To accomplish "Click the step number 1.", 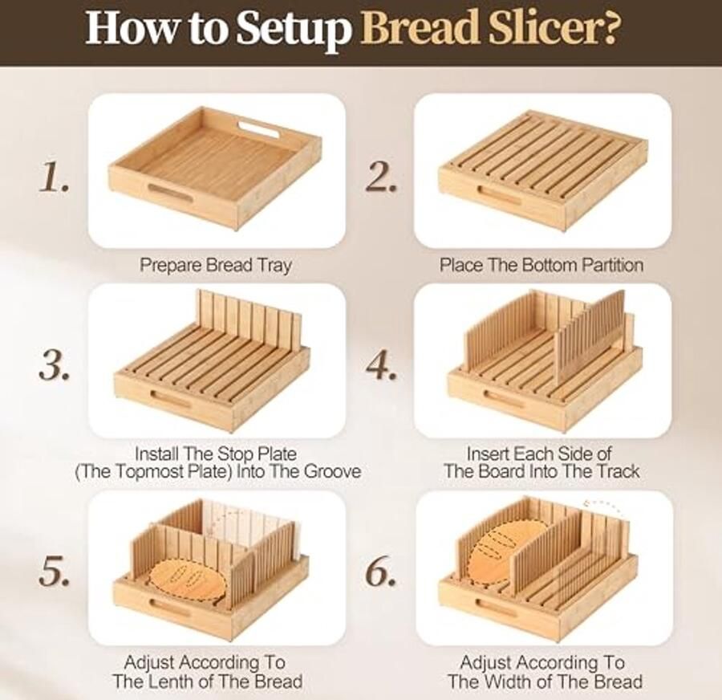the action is (x=54, y=177).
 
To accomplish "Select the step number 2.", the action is (x=381, y=177).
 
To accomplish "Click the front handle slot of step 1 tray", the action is (x=169, y=192).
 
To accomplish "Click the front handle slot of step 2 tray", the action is (x=500, y=195).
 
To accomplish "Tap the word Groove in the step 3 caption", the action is (x=333, y=471).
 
